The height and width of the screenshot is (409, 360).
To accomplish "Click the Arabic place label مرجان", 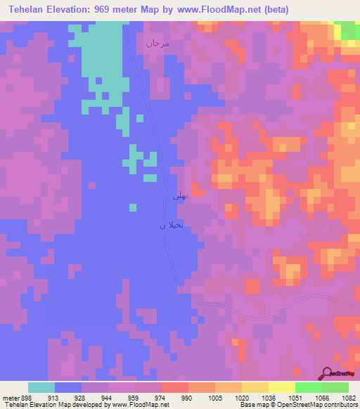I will coord(157,44).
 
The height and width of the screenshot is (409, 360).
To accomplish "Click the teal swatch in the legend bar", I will coord(41,387).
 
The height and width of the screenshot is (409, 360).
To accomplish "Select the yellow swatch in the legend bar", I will coord(281,387).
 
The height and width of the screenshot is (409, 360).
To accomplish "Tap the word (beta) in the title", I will coord(274,11).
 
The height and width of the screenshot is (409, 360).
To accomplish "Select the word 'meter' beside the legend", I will coord(11,398).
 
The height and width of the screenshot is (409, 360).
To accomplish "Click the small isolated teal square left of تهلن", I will coord(133,207).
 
